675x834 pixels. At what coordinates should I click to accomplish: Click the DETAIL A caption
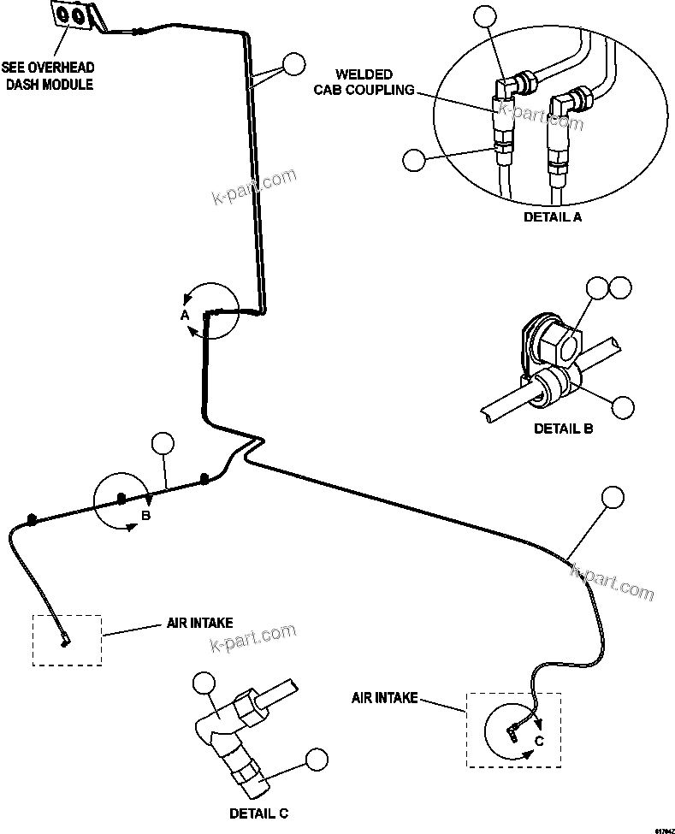point(552,217)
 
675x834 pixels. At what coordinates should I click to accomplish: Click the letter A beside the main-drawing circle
point(184,316)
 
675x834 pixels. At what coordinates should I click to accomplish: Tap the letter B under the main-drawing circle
point(146,516)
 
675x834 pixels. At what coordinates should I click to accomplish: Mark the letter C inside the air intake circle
point(539,742)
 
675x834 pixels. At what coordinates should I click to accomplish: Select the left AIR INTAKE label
point(199,624)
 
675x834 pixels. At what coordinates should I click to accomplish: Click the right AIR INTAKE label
point(384,698)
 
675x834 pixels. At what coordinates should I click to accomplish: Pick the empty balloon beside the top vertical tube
point(293,63)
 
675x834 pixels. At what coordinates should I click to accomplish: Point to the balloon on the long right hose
point(613,497)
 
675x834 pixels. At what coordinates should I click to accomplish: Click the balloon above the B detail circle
point(162,444)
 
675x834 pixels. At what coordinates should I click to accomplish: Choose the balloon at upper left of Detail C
point(204,682)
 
